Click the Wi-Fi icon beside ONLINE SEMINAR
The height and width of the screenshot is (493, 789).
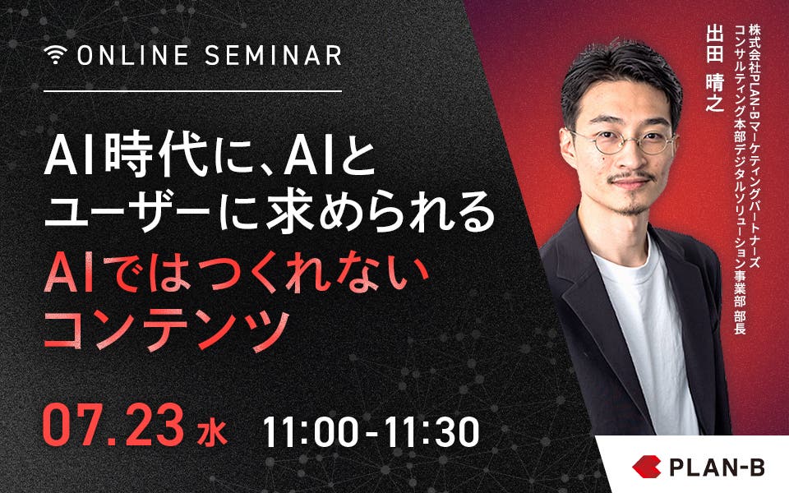(55, 54)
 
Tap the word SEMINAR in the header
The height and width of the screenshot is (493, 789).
(274, 55)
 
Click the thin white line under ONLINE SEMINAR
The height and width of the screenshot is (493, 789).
(192, 91)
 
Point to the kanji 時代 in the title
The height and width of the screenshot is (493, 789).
(156, 158)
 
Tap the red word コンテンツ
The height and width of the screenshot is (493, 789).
(167, 329)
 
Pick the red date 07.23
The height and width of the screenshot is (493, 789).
(113, 425)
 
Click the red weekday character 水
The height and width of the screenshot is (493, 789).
(211, 434)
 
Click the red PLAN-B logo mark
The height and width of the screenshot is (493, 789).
(647, 467)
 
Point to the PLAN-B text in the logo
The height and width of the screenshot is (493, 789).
(717, 467)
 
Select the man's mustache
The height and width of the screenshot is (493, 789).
(630, 177)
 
